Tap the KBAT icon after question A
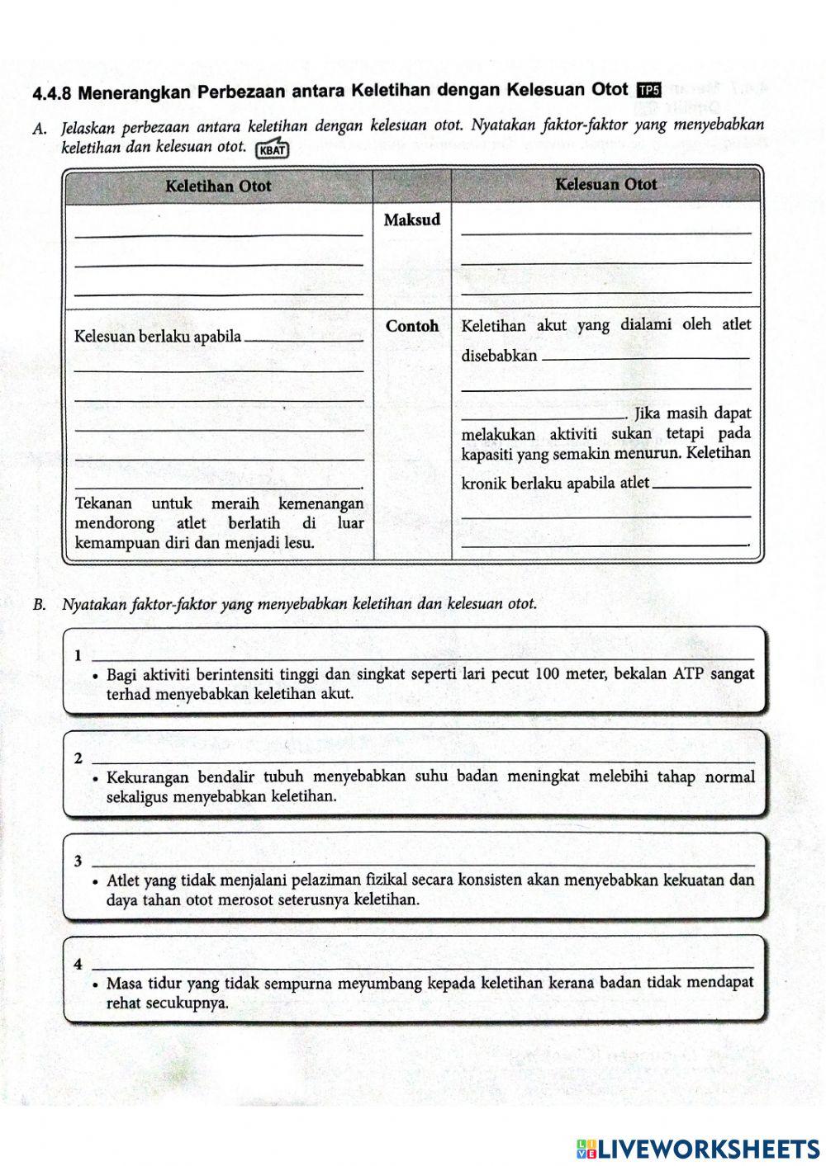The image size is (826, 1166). point(273,150)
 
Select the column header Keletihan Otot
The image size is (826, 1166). point(218,186)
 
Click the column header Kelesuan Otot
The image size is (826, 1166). point(605,184)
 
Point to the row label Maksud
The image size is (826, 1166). point(412,220)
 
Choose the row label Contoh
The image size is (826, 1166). point(412,326)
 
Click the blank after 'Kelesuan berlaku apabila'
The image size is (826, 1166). point(305,338)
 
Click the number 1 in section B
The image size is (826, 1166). point(78,657)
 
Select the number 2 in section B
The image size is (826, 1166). point(78,759)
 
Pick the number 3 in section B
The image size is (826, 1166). point(78,862)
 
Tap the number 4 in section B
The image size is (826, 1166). point(78,964)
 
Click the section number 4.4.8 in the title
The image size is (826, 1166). point(54,93)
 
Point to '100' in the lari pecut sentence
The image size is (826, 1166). point(549,674)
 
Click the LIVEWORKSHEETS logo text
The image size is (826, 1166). point(708,1148)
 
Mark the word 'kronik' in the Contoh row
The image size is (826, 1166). point(484,484)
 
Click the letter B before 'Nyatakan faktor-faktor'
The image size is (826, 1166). point(39,605)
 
